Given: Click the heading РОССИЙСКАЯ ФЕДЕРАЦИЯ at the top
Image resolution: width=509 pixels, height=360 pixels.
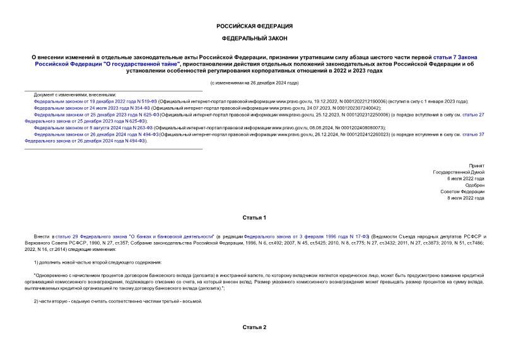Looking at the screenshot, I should coord(254,26).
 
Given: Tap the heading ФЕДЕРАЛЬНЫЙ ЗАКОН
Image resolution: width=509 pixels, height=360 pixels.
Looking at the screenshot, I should coord(254,38).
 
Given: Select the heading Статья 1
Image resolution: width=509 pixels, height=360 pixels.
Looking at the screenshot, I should coord(254,218).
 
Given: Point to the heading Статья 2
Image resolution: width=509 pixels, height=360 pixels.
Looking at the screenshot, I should coord(254,328).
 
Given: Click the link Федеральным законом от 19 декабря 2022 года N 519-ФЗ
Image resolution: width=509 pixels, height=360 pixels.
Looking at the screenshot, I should coord(95,101).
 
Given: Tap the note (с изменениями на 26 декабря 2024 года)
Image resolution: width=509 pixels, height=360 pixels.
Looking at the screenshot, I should coord(254,83).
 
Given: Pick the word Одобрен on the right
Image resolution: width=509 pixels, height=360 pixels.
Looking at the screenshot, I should coord(474,185).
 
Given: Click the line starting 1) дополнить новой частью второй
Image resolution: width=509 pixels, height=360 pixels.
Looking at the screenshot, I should coord(98,262).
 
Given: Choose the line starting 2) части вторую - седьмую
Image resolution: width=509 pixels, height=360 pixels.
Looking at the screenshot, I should coord(117,301).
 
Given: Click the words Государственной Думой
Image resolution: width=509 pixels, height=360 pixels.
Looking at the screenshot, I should coord(459,171).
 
